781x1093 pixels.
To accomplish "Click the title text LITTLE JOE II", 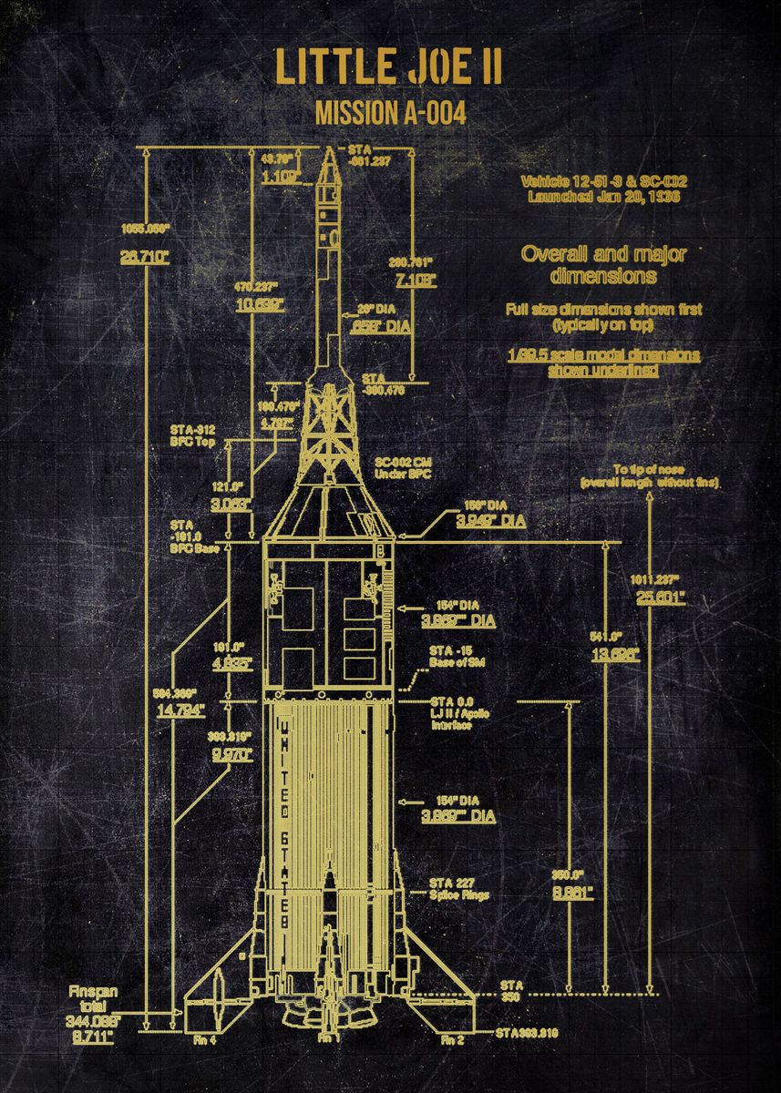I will coord(390,69).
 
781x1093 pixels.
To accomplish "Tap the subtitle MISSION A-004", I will coord(390,114).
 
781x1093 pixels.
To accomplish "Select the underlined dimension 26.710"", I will coord(145,257).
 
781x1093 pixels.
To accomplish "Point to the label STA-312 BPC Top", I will coord(192,434).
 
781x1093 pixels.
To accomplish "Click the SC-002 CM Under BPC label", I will coord(402,469).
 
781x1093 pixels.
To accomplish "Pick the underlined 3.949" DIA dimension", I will coord(490,520).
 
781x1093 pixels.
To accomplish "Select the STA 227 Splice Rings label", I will coord(459,888).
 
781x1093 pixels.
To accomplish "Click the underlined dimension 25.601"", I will coord(661,598).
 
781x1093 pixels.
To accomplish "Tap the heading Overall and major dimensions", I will coord(602,263).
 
